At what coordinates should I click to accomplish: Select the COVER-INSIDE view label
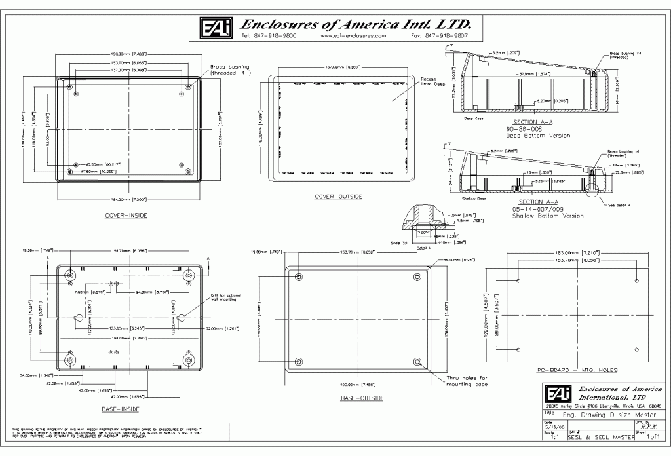click(x=126, y=215)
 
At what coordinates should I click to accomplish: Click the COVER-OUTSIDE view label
click(x=338, y=196)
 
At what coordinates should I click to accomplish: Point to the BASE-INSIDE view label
click(x=119, y=409)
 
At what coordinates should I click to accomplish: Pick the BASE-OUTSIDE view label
click(x=362, y=398)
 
